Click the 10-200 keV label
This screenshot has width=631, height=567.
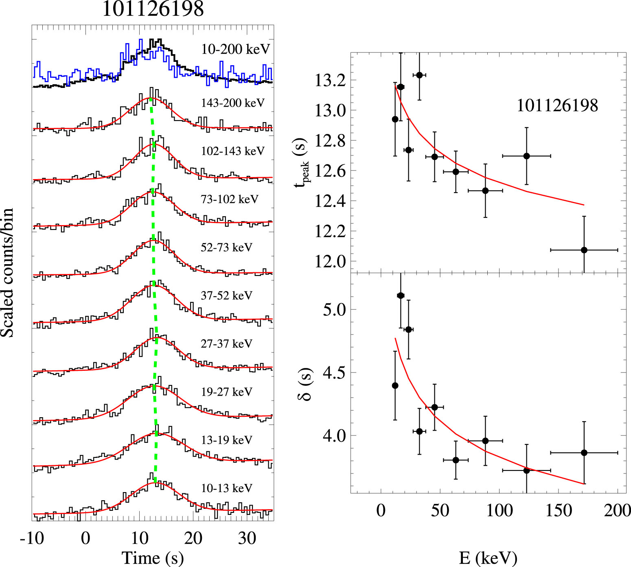[236, 49]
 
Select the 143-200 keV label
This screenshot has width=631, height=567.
[232, 103]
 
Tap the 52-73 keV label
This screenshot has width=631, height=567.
[226, 247]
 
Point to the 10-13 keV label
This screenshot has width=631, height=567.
[226, 488]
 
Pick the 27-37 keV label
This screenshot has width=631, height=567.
[226, 344]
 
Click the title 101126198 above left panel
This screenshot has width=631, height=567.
[153, 9]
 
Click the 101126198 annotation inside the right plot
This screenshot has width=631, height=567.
[557, 106]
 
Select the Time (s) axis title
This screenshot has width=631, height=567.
[153, 558]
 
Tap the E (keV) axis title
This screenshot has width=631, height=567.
[488, 558]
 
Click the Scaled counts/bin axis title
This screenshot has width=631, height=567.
[7, 273]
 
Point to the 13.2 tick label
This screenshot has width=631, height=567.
[330, 81]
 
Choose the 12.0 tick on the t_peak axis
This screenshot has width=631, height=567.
[330, 261]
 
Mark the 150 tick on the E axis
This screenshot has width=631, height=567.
[559, 510]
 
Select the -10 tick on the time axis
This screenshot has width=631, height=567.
[32, 538]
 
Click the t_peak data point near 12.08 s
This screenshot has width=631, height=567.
[584, 250]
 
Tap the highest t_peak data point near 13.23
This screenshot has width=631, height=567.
[419, 75]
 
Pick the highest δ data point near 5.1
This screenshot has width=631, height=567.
[401, 296]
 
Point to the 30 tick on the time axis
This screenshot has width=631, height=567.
[247, 538]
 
